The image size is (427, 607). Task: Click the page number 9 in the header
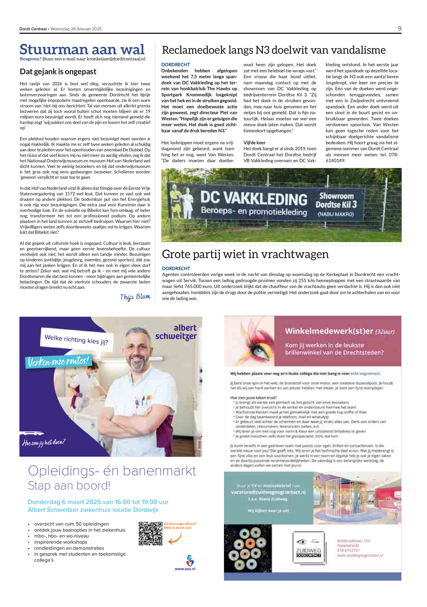[399, 29]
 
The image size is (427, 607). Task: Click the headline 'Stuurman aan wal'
[82, 49]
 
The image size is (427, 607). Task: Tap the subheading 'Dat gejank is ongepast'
[58, 72]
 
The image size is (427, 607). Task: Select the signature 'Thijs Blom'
[135, 297]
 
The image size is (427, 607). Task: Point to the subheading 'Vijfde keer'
[254, 143]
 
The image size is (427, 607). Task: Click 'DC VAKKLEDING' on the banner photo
[254, 199]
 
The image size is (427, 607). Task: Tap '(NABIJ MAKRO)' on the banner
[335, 214]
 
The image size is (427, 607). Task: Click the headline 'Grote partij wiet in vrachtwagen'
[245, 254]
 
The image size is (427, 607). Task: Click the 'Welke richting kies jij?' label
[77, 339]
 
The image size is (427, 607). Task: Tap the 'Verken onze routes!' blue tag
[58, 361]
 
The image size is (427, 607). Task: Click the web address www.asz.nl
[185, 569]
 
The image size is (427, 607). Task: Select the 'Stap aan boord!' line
[69, 486]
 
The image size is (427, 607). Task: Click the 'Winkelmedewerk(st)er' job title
[329, 331]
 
